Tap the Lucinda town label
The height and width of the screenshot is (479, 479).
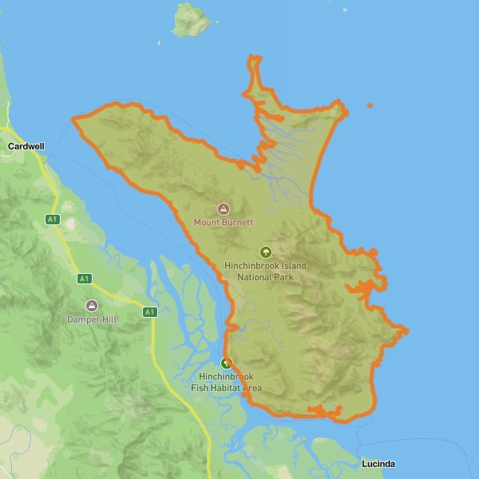pyautogui.click(x=377, y=464)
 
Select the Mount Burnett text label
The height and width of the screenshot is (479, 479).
pyautogui.click(x=224, y=222)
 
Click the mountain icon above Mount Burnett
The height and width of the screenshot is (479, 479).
pyautogui.click(x=224, y=208)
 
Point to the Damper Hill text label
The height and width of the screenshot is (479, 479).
pyautogui.click(x=92, y=319)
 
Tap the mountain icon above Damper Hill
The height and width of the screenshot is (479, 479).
pyautogui.click(x=92, y=306)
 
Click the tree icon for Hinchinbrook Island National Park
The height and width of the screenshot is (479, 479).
pyautogui.click(x=266, y=252)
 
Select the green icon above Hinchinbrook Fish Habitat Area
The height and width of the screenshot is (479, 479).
pyautogui.click(x=226, y=363)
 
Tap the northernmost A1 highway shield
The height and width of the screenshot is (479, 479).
pyautogui.click(x=53, y=219)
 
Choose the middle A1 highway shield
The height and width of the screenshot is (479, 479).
pyautogui.click(x=84, y=279)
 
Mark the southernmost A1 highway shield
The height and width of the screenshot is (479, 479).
pyautogui.click(x=149, y=311)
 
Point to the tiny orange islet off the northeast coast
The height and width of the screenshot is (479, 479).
pyautogui.click(x=370, y=105)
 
